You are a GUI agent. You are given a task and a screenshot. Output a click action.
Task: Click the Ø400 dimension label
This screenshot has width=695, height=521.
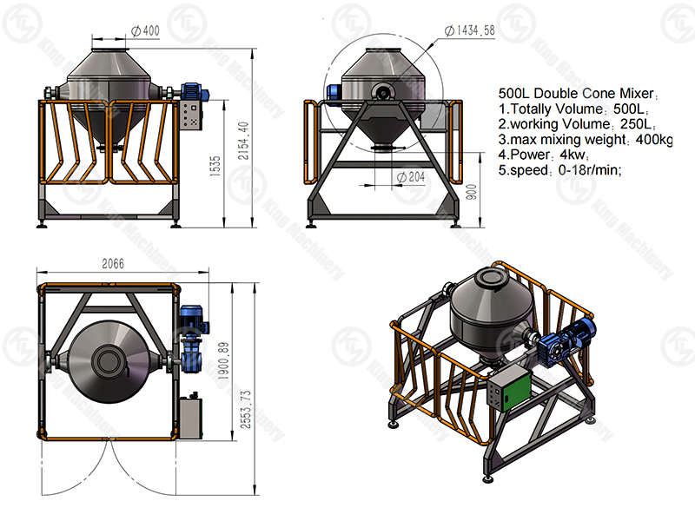point(146,30)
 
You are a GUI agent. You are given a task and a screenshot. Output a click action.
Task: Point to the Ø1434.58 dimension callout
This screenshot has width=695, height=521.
point(469,30)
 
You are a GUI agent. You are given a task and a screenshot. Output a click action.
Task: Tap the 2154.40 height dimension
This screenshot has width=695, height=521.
point(243,141)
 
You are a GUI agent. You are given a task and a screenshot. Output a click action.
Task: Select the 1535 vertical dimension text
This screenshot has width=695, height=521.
point(215,166)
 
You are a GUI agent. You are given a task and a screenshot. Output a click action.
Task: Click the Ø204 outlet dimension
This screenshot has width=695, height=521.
point(410,177)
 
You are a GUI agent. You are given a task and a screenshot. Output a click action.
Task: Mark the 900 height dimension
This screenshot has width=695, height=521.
point(472,192)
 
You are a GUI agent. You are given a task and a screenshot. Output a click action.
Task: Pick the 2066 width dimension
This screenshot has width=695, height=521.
point(113,264)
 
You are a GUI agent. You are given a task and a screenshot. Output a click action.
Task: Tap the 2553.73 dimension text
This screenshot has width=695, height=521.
point(245,409)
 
